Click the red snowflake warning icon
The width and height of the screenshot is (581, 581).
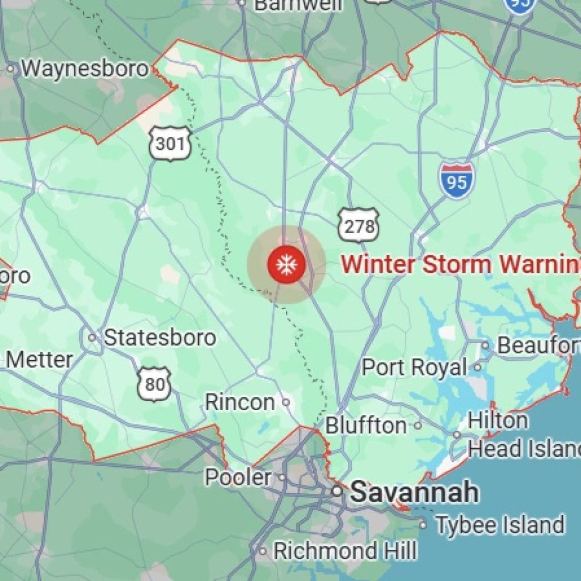[287, 264]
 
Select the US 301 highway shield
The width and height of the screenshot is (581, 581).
[170, 144]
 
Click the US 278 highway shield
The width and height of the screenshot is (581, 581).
[359, 226]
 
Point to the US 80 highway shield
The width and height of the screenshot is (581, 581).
[155, 384]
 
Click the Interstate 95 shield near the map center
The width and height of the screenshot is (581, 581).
[456, 181]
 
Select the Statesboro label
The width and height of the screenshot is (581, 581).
[160, 338]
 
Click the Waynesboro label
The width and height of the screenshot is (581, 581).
[85, 69]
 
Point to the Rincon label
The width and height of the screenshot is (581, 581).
[239, 402]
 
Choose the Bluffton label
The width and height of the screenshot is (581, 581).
[366, 426]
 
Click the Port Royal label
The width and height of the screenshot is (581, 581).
[414, 367]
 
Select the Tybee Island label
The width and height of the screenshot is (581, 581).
[500, 525]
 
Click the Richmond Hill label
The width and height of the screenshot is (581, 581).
[345, 550]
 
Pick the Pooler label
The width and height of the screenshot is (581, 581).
[238, 477]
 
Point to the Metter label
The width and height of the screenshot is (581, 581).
[39, 360]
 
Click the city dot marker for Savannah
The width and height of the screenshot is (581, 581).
[337, 491]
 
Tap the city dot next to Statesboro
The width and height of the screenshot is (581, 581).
[92, 338]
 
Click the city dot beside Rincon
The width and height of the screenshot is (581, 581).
[286, 402]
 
